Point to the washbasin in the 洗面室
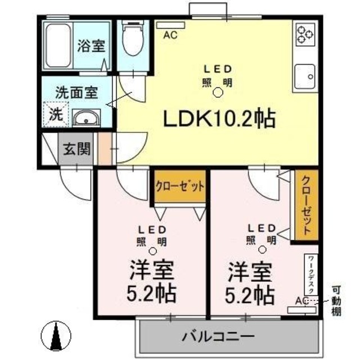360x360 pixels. pos(85,118)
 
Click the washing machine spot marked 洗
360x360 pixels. pos(56,114)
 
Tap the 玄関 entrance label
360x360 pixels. pos(76,150)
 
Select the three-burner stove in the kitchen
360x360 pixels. pos(305,33)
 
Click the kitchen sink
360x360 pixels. pos(305,76)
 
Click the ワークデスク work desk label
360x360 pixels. pos(311,276)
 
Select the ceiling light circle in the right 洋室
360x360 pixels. pos(262,250)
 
